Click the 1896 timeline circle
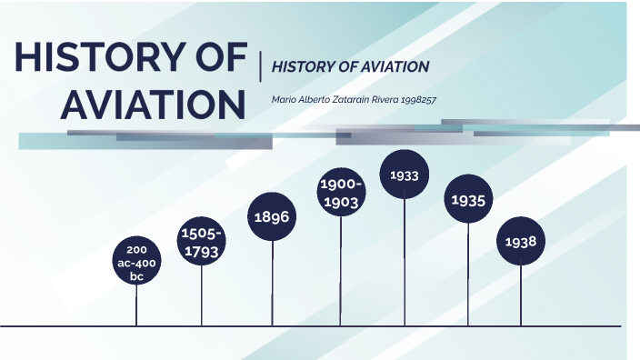tap(272, 217)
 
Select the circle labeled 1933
tap(405, 175)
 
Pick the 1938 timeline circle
tap(521, 243)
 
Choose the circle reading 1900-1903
tap(341, 194)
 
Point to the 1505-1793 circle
tap(201, 243)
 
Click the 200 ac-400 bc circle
tap(136, 263)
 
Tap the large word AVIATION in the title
tap(153, 105)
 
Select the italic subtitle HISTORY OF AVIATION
tap(350, 66)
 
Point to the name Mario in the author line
tap(285, 99)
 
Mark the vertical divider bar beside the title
tap(261, 65)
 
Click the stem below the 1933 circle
tap(405, 264)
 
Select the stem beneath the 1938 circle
tap(521, 295)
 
